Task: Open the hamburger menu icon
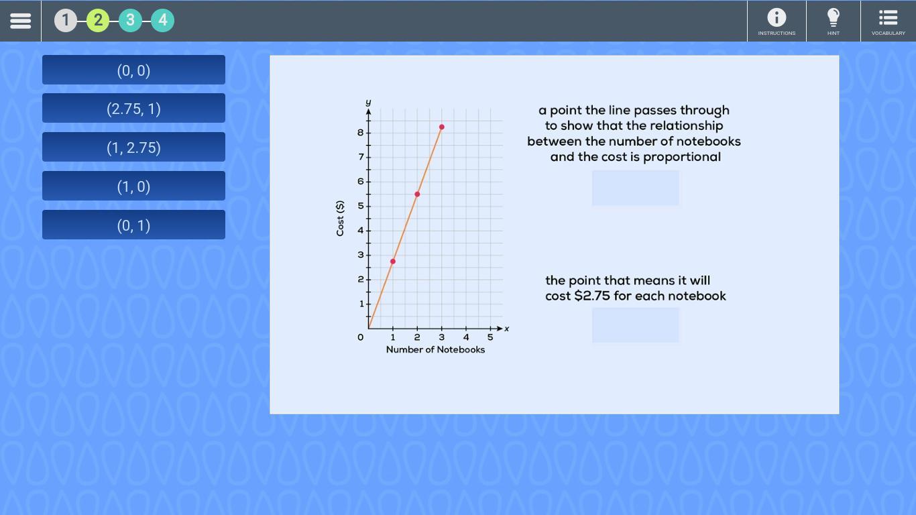coord(20,21)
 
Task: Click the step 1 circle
coord(66,20)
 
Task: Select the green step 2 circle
coord(98,20)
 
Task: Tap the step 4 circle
coord(162,20)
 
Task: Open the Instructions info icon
coord(777,17)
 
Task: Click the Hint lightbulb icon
coord(833,17)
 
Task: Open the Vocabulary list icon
coord(889,17)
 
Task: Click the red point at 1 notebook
coord(392,262)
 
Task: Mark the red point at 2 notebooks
coord(417,194)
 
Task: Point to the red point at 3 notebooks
coord(442,127)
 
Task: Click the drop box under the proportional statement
coord(636,188)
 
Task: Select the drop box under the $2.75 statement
coord(636,325)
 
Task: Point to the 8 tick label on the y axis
coord(360,133)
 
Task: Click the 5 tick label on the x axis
coord(490,337)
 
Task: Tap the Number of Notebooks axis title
coord(435,350)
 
